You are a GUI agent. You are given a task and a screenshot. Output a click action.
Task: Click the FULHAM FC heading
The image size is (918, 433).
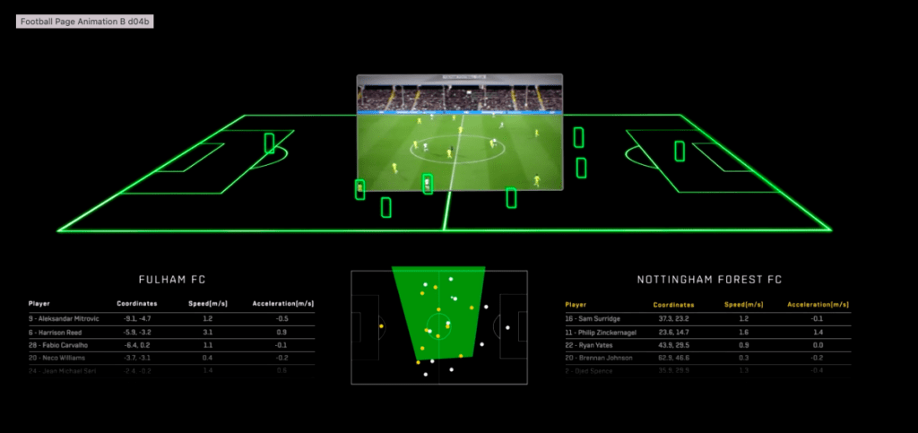172,280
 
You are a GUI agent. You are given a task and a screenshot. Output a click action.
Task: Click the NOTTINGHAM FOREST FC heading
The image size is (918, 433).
709,280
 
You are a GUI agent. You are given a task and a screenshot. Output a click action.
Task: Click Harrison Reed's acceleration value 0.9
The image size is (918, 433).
281,332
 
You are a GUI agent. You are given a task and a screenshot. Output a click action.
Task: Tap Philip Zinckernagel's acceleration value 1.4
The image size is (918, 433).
818,332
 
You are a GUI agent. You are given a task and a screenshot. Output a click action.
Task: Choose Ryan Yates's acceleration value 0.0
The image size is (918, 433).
818,344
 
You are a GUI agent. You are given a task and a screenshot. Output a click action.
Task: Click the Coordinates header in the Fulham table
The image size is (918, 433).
137,304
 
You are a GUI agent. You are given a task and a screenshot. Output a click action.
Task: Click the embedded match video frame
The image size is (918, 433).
459,132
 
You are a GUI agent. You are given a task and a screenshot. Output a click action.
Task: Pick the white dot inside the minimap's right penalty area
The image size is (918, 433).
507,327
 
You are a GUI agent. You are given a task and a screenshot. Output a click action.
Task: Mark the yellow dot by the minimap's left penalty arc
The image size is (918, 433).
382,326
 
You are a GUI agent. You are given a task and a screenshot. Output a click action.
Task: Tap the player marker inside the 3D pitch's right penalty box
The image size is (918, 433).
680,152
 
